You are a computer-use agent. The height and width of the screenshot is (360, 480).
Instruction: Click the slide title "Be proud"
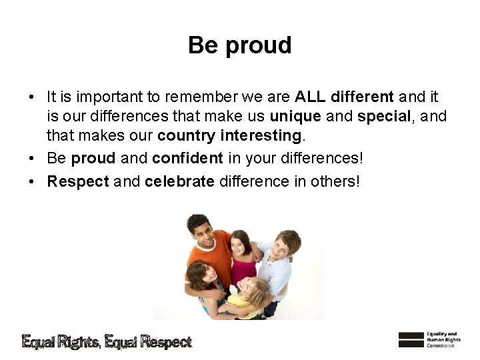[239, 45]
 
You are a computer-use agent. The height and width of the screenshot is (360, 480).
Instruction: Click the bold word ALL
[309, 97]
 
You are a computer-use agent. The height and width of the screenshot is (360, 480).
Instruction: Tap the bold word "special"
[384, 116]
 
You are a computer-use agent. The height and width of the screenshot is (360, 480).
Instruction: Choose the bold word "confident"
[187, 159]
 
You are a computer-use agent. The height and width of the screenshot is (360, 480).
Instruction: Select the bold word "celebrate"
[179, 181]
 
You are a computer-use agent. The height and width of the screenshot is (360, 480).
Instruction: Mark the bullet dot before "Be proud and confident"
[33, 159]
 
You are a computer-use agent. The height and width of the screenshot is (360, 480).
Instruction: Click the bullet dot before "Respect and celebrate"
[33, 182]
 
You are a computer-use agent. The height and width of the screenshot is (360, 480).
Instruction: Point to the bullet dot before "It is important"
[33, 97]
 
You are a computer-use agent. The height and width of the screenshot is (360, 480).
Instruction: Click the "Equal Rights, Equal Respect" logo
[107, 342]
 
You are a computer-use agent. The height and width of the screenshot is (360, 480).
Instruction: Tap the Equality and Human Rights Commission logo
[427, 339]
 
